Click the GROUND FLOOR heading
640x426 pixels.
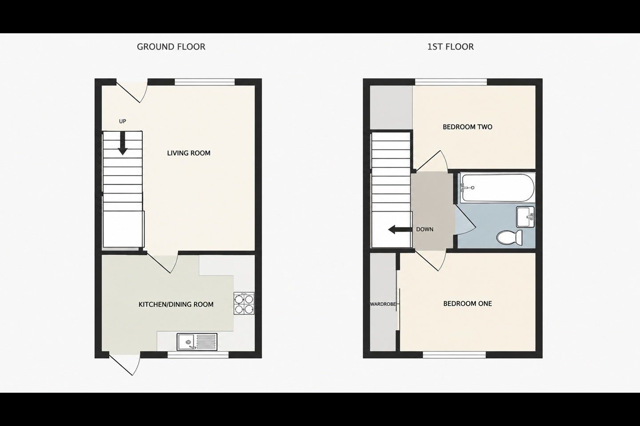(171, 47)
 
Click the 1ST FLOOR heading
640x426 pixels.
(450, 47)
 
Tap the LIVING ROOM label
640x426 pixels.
(188, 153)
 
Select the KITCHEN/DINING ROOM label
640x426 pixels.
(176, 304)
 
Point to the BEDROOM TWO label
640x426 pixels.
(468, 127)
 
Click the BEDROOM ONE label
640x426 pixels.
(468, 304)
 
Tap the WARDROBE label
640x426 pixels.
(383, 304)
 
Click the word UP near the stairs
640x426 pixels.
(122, 121)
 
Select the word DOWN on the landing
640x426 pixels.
(424, 229)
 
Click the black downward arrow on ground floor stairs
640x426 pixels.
(123, 143)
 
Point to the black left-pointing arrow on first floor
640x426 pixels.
(400, 229)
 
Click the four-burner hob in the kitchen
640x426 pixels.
(244, 304)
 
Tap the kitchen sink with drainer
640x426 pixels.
(197, 342)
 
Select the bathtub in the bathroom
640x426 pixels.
(497, 188)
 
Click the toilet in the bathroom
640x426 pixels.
(510, 237)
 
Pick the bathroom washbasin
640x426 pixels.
(525, 217)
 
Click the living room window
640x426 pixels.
(204, 82)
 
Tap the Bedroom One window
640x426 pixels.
(454, 355)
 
